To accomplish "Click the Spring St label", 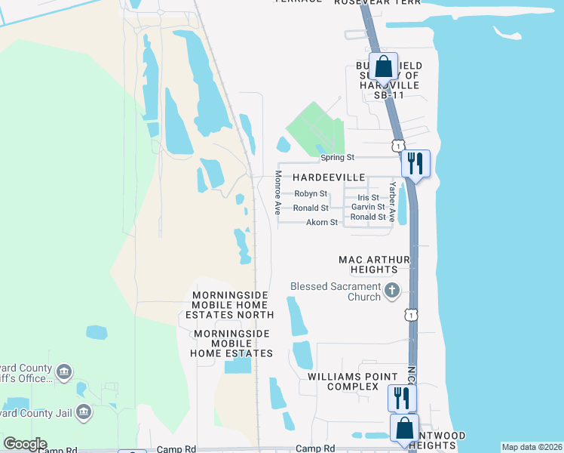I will pyautogui.click(x=337, y=158).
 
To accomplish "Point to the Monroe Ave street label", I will pyautogui.click(x=277, y=192).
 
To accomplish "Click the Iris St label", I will pyautogui.click(x=368, y=197).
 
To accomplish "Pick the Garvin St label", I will pyautogui.click(x=368, y=207).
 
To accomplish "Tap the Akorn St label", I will pyautogui.click(x=322, y=223).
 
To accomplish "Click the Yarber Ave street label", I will pyautogui.click(x=392, y=199).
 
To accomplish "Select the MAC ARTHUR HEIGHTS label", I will pyautogui.click(x=374, y=264).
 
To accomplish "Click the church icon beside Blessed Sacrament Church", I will pyautogui.click(x=391, y=290).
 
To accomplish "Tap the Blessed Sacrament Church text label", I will pyautogui.click(x=336, y=291).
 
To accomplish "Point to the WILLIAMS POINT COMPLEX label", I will pyautogui.click(x=353, y=381).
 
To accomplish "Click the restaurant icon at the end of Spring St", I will pyautogui.click(x=415, y=162).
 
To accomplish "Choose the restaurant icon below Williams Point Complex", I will pyautogui.click(x=402, y=397).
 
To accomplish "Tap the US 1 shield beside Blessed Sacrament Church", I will pyautogui.click(x=411, y=313).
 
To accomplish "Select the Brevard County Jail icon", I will pyautogui.click(x=84, y=413).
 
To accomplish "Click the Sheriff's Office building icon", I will pyautogui.click(x=64, y=371).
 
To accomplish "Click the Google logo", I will pyautogui.click(x=25, y=444).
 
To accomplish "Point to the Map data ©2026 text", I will pyautogui.click(x=531, y=447).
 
